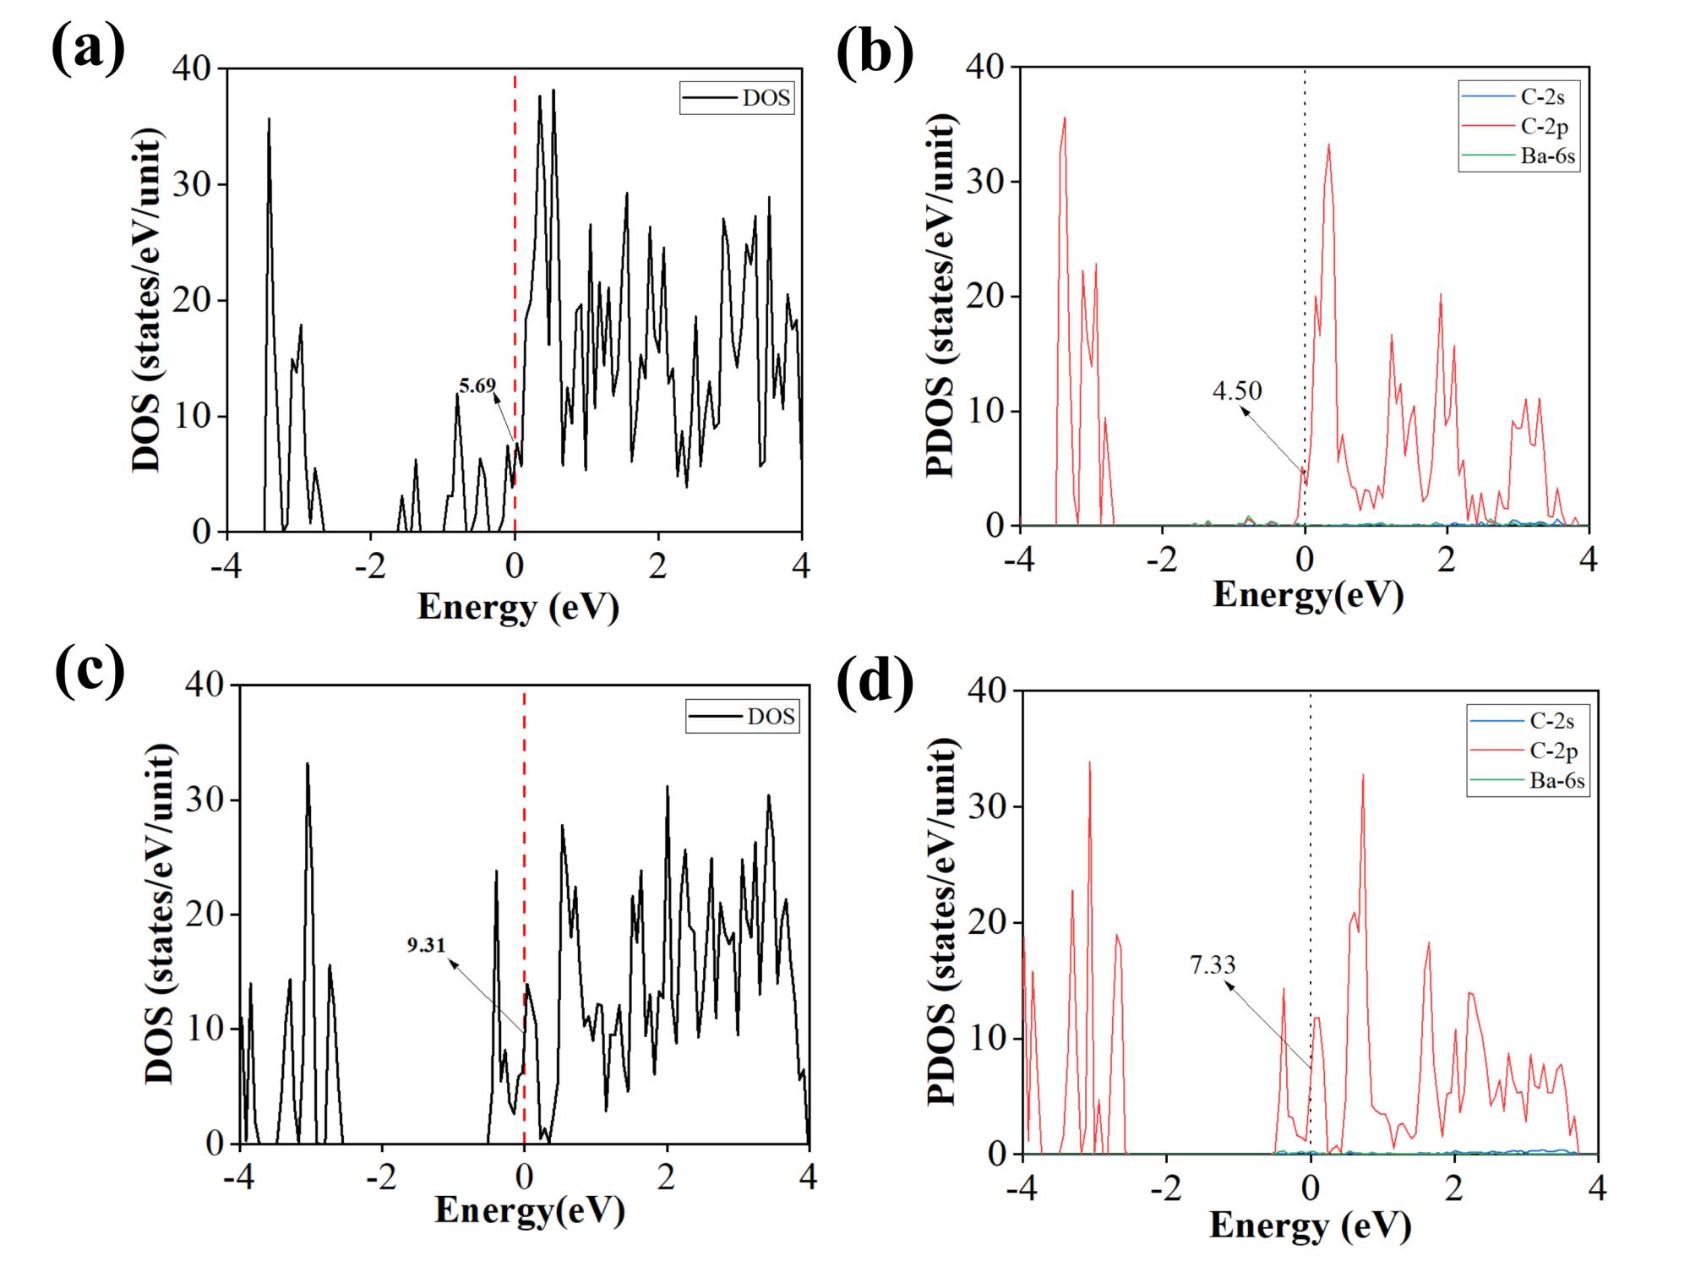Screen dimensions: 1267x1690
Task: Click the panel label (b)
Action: coord(875,52)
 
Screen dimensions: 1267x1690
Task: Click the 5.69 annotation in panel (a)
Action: coord(477,386)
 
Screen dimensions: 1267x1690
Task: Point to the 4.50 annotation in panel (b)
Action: coord(1237,390)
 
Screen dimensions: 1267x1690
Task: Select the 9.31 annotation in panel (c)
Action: coord(426,945)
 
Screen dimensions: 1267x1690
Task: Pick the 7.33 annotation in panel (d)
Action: coord(1213,964)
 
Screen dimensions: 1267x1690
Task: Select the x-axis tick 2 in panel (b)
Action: coord(1447,560)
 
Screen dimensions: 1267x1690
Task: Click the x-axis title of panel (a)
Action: coord(518,607)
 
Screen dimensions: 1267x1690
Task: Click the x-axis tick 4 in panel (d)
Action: coord(1596,1188)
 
